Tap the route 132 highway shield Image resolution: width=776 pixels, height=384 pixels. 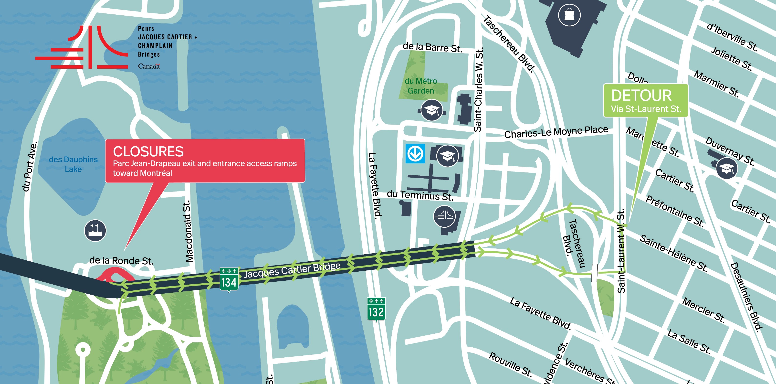tap(376, 309)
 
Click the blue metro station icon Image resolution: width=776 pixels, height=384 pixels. tap(415, 154)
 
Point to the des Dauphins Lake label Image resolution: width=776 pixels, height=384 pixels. tap(73, 164)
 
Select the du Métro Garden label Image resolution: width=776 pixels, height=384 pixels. tap(420, 86)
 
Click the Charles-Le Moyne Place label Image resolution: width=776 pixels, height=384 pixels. tap(556, 132)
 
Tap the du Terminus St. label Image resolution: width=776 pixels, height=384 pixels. tap(420, 195)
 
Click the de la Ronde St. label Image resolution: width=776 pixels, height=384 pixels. tap(121, 260)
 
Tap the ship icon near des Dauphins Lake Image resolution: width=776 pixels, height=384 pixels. tap(95, 231)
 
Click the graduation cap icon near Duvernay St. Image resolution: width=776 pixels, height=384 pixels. tap(726, 169)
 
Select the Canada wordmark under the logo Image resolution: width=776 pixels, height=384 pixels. tap(149, 66)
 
